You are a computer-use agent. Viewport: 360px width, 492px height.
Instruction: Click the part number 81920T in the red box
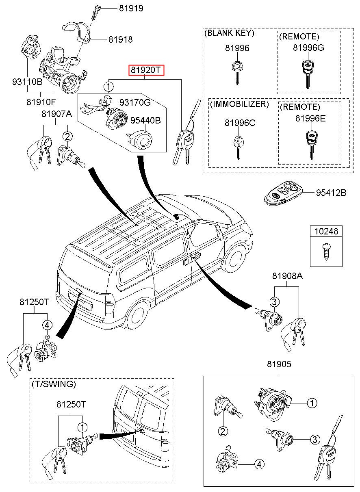(x=146, y=70)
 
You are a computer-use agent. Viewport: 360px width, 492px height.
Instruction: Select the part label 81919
(x=131, y=8)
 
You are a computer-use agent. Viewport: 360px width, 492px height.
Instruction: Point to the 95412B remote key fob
(x=283, y=193)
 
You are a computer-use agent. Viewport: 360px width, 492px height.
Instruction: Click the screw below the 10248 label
(x=326, y=251)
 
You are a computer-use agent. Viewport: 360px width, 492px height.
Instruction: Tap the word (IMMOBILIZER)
(x=239, y=104)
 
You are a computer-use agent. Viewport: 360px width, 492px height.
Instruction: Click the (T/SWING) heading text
(x=53, y=384)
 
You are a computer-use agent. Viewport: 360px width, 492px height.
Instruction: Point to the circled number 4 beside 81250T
(x=48, y=325)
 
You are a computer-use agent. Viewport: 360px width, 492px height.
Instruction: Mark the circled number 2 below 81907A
(x=67, y=137)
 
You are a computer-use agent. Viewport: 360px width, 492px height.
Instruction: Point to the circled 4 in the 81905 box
(x=258, y=464)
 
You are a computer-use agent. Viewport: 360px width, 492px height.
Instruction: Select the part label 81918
(x=120, y=39)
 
